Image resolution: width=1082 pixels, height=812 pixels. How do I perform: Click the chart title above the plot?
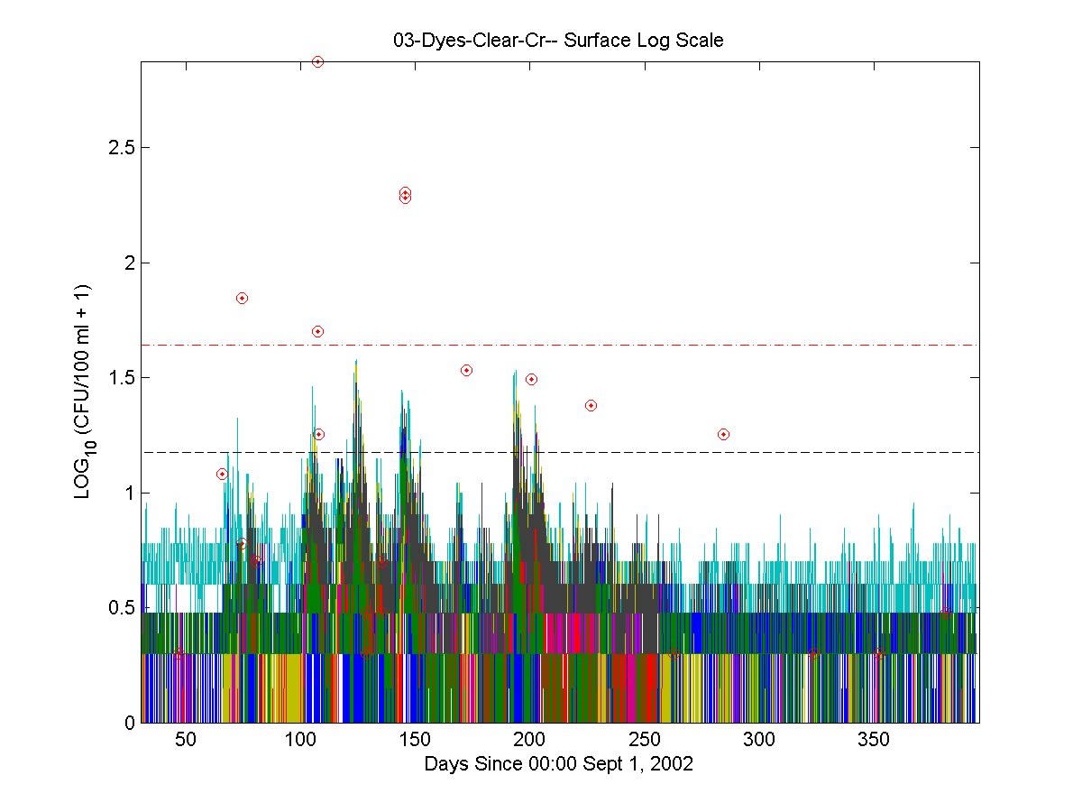click(559, 41)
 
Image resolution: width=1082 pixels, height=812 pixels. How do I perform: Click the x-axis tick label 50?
click(186, 740)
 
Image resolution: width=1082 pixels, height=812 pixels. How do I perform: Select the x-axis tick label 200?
click(530, 740)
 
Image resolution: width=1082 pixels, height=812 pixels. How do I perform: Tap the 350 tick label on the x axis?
click(875, 740)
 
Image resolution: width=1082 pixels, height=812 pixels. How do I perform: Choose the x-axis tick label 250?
click(645, 740)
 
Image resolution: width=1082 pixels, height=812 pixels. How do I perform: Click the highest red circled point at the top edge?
click(317, 62)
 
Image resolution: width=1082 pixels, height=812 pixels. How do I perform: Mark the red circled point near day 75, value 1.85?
click(242, 299)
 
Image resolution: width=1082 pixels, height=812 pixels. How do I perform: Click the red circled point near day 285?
click(723, 435)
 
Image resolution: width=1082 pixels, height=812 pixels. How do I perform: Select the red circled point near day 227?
click(591, 406)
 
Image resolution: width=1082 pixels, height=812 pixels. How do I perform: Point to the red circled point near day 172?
click(466, 371)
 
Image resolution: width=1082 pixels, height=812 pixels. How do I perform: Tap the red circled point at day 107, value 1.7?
click(317, 332)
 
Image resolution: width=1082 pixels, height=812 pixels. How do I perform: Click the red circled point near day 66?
click(222, 474)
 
